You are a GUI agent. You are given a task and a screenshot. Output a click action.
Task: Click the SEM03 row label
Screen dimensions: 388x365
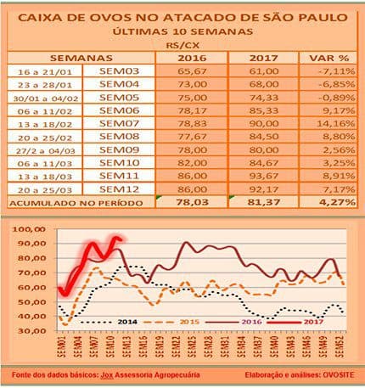(119, 71)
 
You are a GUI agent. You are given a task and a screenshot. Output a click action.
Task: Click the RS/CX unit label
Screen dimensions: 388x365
(183, 42)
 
